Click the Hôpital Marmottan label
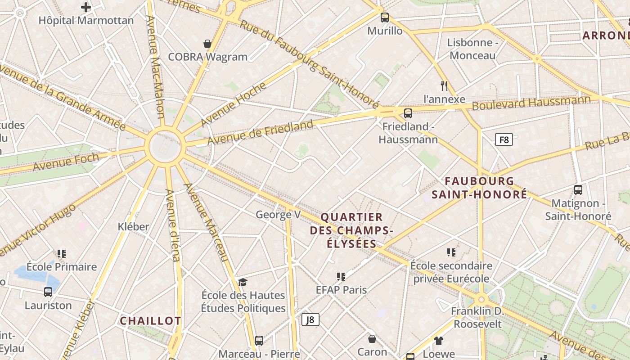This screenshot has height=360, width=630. pyautogui.click(x=86, y=21)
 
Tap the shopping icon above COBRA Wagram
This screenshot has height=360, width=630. pyautogui.click(x=207, y=44)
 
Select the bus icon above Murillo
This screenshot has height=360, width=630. pyautogui.click(x=384, y=18)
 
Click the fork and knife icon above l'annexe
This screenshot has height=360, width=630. pyautogui.click(x=444, y=85)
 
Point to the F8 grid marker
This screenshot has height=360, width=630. pyautogui.click(x=504, y=139)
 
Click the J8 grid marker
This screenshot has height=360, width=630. pyautogui.click(x=310, y=319)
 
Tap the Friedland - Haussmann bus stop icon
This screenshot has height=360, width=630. pyautogui.click(x=408, y=113)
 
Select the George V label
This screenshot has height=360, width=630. pyautogui.click(x=278, y=215)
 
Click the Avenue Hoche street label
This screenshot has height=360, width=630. pyautogui.click(x=233, y=104)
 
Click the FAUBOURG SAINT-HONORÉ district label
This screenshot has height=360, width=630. pyautogui.click(x=479, y=188)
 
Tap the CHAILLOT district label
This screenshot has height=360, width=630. pyautogui.click(x=150, y=321)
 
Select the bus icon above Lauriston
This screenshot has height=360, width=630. pyautogui.click(x=48, y=292)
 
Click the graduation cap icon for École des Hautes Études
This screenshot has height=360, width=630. pyautogui.click(x=243, y=282)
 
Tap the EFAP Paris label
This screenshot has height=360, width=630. pyautogui.click(x=341, y=290)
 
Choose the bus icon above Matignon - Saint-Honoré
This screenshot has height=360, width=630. pyautogui.click(x=578, y=190)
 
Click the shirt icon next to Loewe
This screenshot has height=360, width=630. pyautogui.click(x=439, y=341)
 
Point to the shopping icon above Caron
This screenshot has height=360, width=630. pyautogui.click(x=372, y=338)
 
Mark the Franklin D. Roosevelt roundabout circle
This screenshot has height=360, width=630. pyautogui.click(x=481, y=299)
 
